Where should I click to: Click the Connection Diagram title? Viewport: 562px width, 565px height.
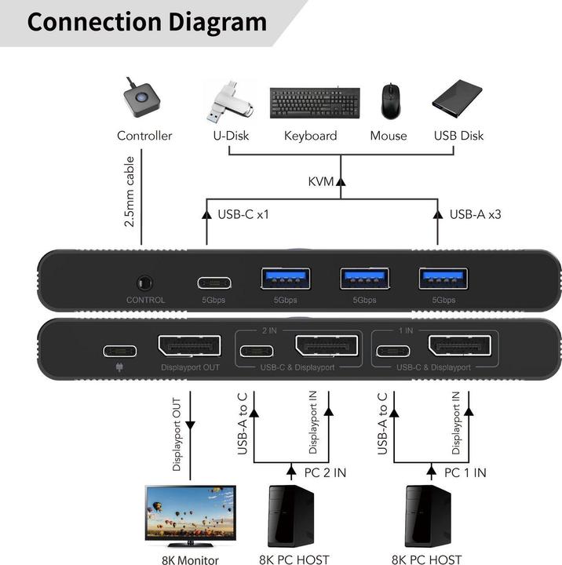point(147,21)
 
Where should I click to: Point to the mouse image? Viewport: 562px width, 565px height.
point(389,101)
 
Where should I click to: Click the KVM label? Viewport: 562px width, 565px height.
point(320,182)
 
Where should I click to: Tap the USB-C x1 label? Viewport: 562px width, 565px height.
point(243,213)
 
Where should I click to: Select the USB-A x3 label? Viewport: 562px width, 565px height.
point(476,213)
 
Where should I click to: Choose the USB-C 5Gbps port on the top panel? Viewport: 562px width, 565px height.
point(207,282)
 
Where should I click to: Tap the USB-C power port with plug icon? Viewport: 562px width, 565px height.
point(119,350)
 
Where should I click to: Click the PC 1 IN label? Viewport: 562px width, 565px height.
point(464,472)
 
